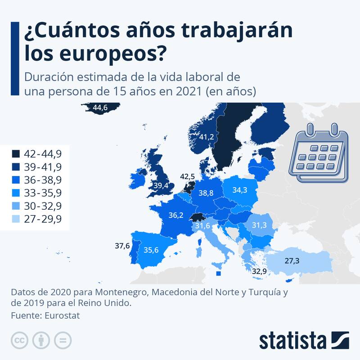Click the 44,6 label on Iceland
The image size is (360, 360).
click(x=99, y=108)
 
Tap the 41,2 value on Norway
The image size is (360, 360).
click(x=206, y=137)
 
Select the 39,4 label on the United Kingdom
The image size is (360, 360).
click(x=161, y=185)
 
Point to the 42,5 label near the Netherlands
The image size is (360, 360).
click(x=187, y=176)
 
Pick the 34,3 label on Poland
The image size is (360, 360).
click(x=240, y=190)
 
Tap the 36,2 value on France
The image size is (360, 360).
click(x=175, y=216)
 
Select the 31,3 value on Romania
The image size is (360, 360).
click(x=260, y=225)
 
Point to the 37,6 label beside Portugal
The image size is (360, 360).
click(x=122, y=246)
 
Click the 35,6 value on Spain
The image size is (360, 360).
click(x=151, y=250)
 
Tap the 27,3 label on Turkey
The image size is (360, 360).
click(x=292, y=261)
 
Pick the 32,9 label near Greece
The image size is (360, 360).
click(x=259, y=271)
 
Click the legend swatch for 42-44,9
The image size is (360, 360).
click(x=16, y=154)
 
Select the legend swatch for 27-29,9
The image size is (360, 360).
click(x=16, y=219)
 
